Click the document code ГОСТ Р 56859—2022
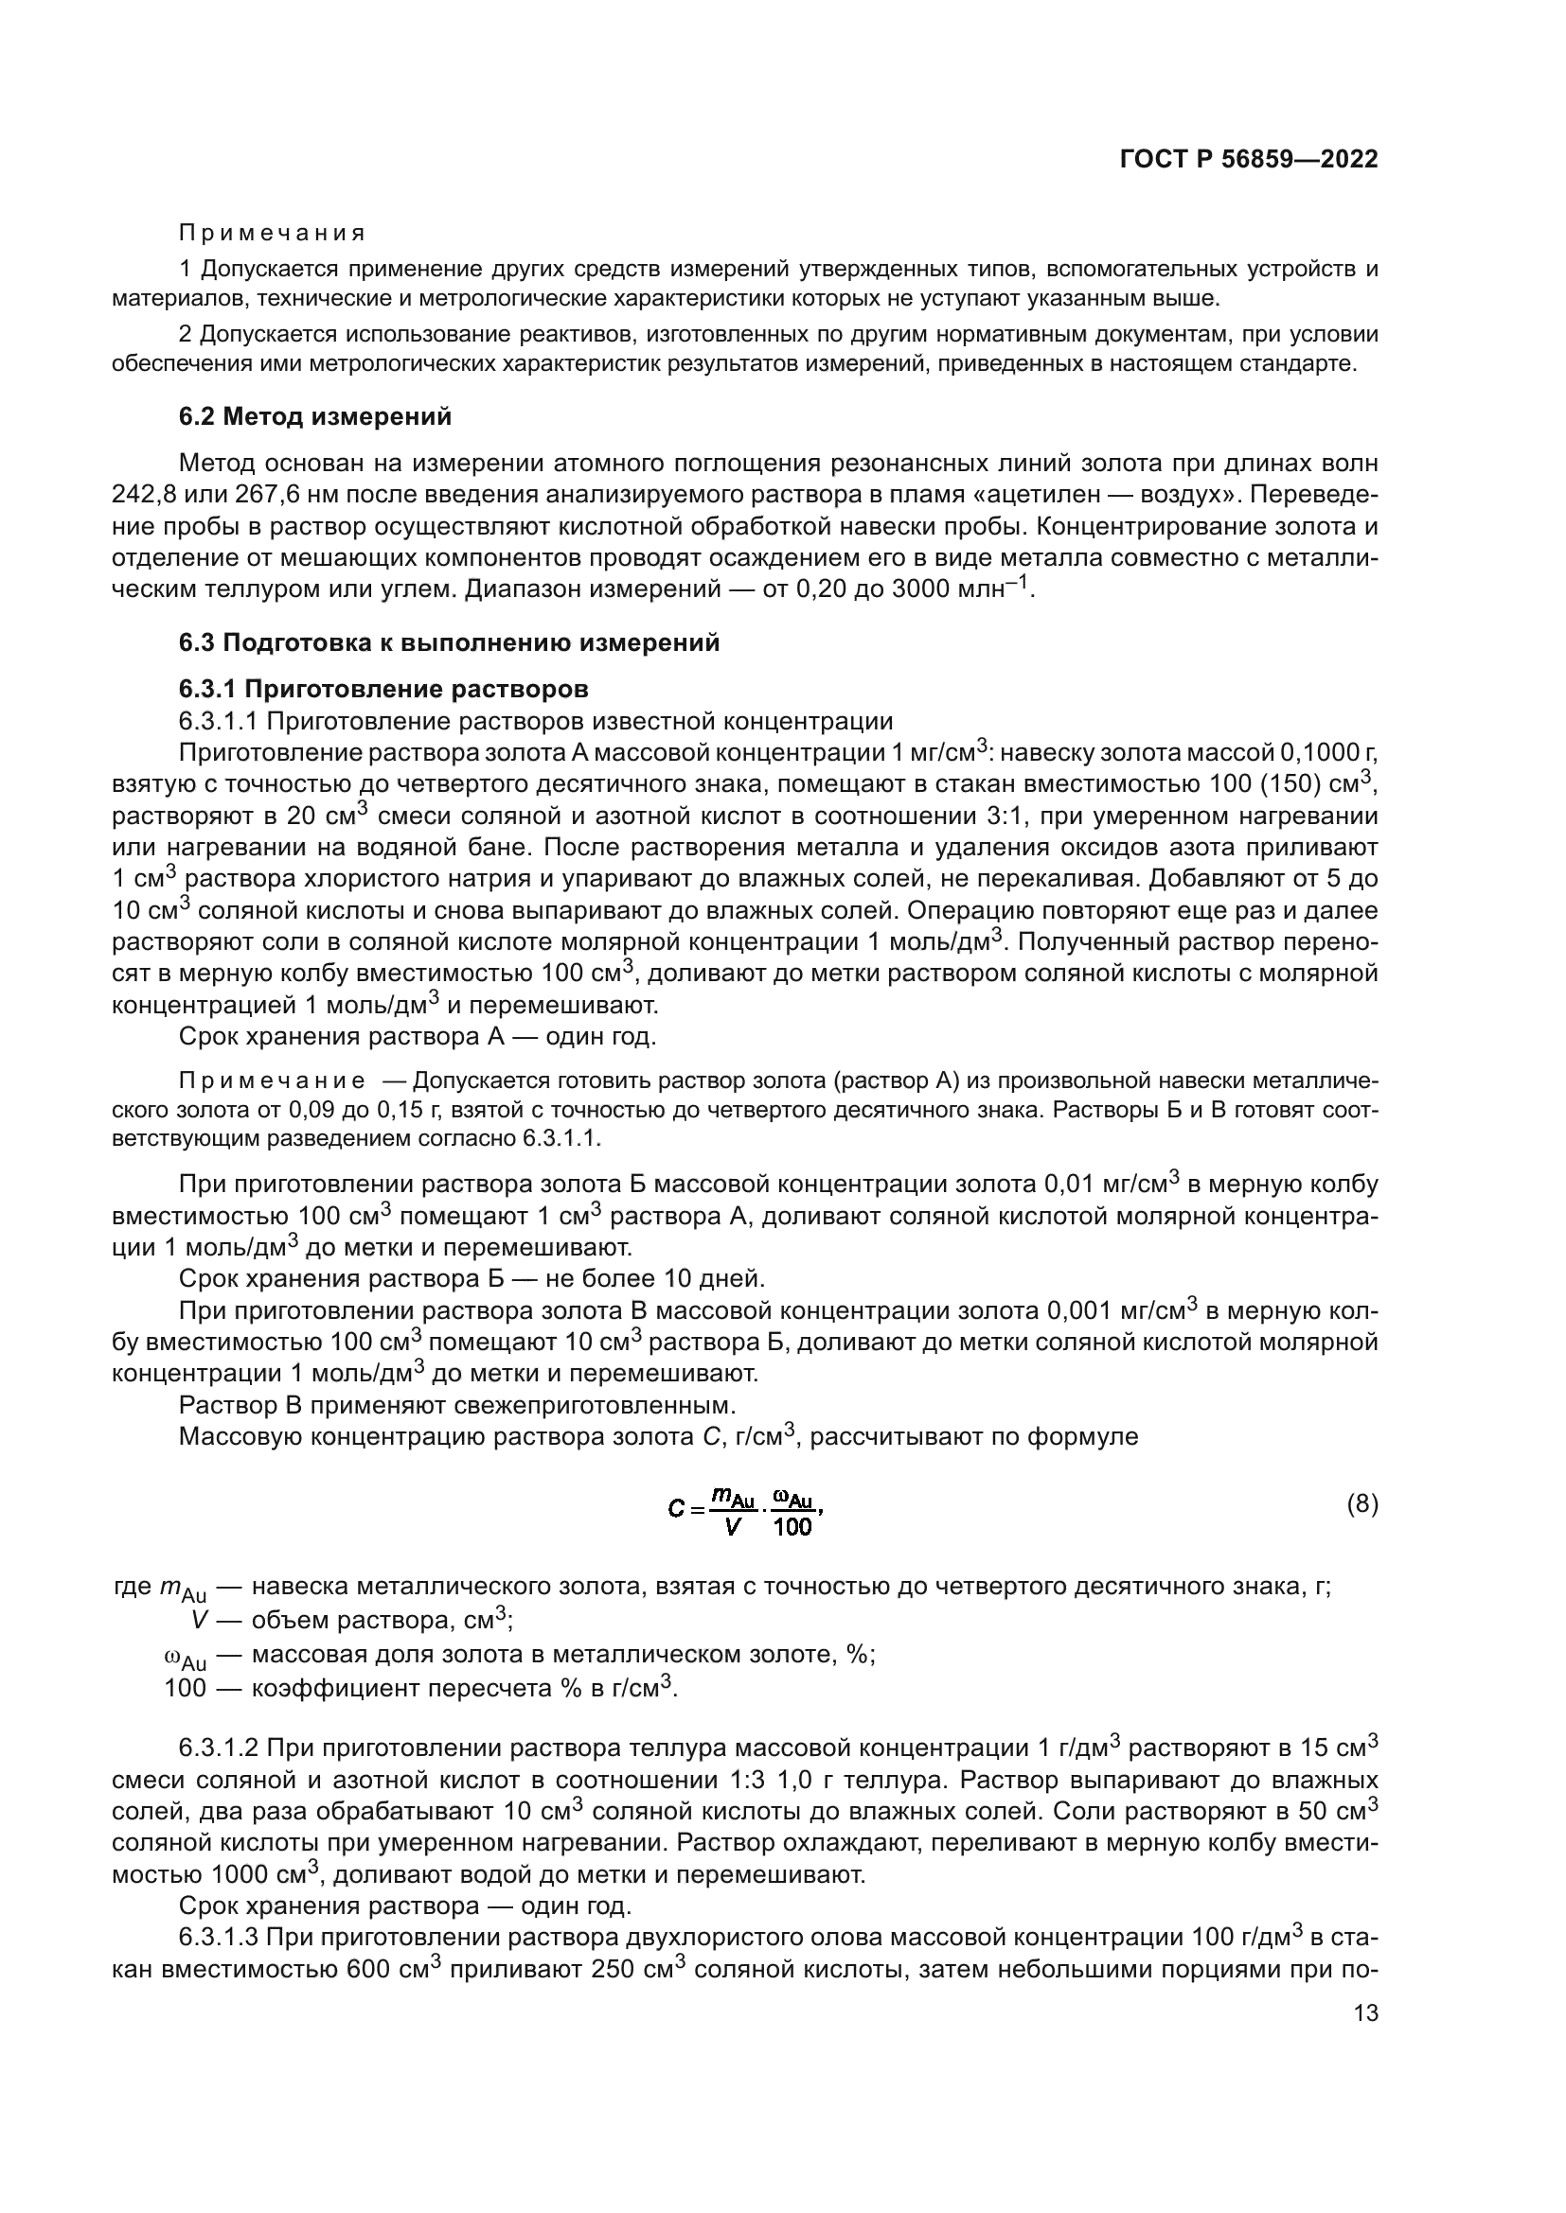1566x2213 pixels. [1249, 159]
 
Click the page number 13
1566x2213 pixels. [1365, 2012]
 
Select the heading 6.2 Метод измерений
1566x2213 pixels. [315, 416]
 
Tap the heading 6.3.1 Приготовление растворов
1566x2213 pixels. [383, 689]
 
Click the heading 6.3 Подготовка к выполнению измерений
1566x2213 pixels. [450, 641]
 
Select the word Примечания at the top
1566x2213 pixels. [273, 234]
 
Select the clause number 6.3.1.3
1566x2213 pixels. [218, 1938]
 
